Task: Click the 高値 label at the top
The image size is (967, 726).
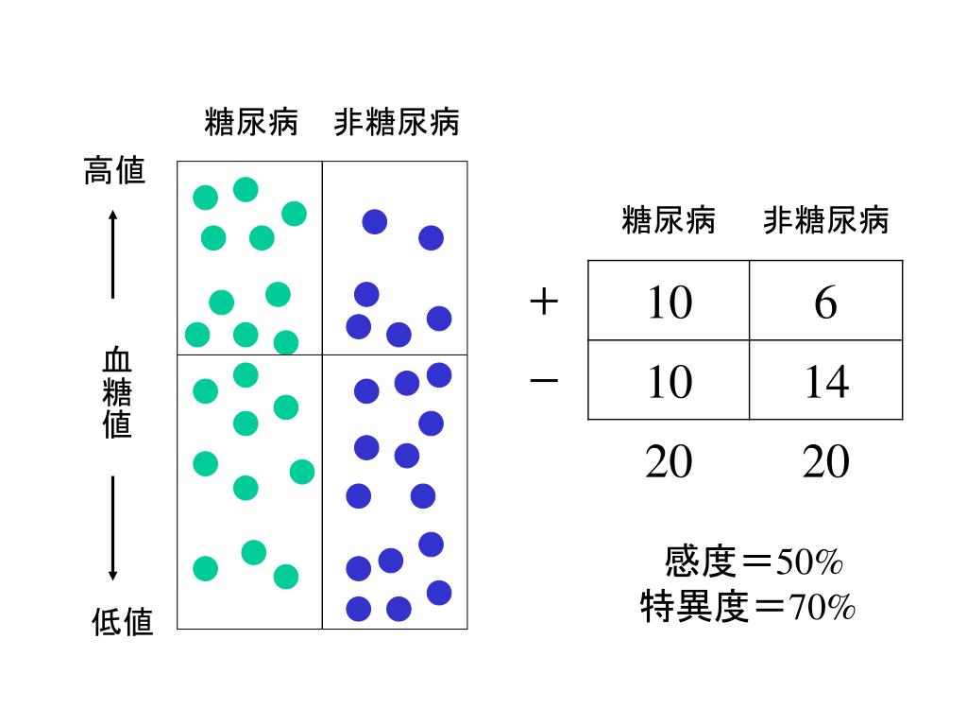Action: [x=114, y=171]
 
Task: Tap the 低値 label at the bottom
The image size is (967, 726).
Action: [x=122, y=621]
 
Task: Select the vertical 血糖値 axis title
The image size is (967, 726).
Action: [x=117, y=393]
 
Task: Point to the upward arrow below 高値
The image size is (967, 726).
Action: [x=112, y=253]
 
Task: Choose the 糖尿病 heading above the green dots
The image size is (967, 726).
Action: [x=251, y=122]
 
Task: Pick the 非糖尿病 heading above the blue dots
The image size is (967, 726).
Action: [x=397, y=122]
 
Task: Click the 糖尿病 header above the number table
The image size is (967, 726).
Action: [x=669, y=220]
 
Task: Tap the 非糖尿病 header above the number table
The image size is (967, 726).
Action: [x=826, y=220]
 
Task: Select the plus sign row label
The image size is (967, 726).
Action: [x=544, y=302]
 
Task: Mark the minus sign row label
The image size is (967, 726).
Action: [x=544, y=380]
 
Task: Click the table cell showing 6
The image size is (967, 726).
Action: [x=825, y=302]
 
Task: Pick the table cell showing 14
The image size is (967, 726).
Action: [x=825, y=381]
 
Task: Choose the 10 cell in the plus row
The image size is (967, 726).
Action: [x=669, y=302]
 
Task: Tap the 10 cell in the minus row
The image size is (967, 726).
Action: [x=669, y=381]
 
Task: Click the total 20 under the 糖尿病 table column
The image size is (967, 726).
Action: [x=669, y=462]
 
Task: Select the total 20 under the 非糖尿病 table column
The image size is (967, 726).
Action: [x=825, y=462]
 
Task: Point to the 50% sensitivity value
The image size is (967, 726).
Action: [x=809, y=563]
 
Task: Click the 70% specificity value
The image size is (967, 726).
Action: [x=823, y=606]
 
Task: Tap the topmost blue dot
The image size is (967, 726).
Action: [x=375, y=221]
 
